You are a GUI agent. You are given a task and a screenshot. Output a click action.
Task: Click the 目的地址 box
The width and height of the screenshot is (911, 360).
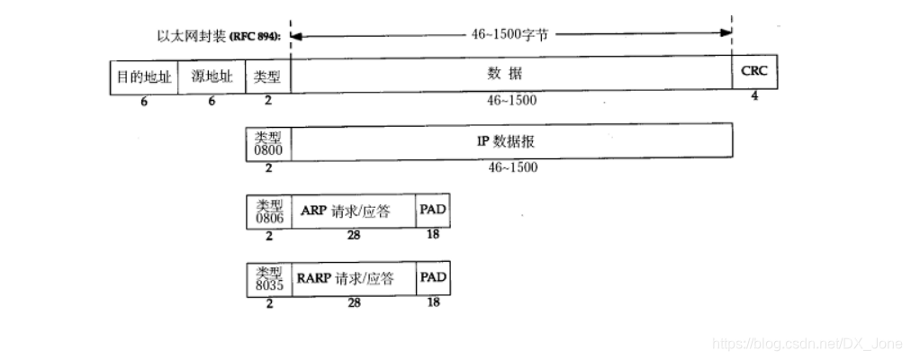point(143,76)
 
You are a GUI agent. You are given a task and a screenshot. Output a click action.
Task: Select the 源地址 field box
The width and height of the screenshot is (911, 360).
point(212,76)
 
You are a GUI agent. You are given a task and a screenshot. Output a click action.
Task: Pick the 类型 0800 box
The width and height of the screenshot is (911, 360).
point(268,142)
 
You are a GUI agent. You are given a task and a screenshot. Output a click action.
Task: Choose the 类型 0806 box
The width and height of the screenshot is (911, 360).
point(268,210)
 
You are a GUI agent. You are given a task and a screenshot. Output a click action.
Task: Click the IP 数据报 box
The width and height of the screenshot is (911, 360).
point(510,142)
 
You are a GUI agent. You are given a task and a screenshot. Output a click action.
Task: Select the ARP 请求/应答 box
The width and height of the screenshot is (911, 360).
point(352,210)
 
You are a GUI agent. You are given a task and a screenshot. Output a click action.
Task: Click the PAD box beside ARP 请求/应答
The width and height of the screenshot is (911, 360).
point(433,210)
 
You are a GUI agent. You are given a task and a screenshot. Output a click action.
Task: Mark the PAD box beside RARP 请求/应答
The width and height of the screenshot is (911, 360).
point(433,278)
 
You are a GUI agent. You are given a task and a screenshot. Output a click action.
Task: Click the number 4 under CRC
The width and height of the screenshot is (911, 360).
point(754,96)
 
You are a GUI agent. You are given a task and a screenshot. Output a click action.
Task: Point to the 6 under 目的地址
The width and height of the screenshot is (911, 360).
point(143,101)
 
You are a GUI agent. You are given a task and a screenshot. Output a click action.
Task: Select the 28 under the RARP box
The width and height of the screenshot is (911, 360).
point(354,303)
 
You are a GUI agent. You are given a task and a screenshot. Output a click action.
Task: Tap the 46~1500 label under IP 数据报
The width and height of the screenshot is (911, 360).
point(511,167)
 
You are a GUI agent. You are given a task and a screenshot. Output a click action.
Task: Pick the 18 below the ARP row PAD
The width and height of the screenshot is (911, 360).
point(434,235)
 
